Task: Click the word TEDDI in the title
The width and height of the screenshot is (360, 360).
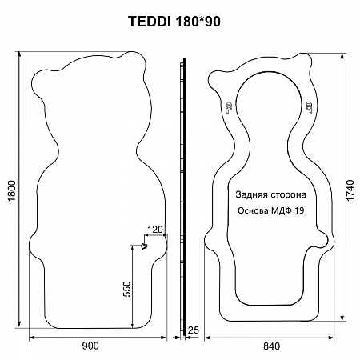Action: click(150, 21)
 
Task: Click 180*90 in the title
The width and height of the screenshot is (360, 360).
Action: click(198, 21)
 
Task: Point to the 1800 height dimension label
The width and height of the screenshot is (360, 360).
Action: click(12, 191)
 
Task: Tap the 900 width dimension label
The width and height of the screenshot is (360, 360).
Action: click(90, 346)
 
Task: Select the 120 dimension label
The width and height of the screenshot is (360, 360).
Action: click(155, 230)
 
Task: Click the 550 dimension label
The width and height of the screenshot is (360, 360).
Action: click(127, 289)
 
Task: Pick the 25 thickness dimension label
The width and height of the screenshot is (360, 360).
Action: click(194, 330)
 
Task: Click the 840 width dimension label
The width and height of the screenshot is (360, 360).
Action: click(272, 346)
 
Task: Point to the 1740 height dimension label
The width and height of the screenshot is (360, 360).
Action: click(350, 190)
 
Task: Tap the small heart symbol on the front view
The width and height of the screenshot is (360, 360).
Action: click(144, 246)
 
